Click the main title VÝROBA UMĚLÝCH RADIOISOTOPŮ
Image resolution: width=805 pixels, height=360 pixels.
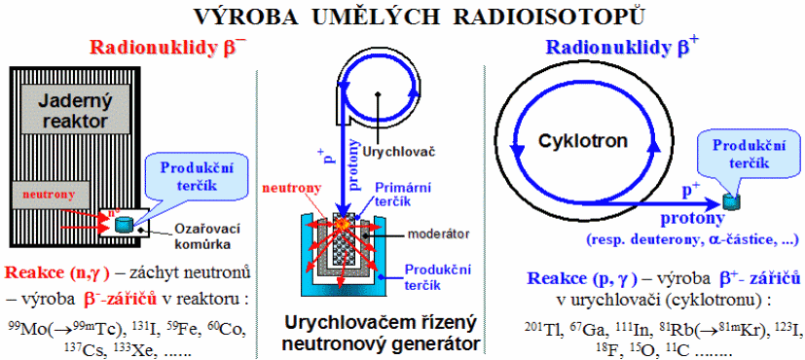(419, 17)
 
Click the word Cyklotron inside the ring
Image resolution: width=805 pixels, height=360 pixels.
(583, 140)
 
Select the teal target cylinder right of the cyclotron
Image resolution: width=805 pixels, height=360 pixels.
(729, 201)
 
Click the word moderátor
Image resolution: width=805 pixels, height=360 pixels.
(438, 234)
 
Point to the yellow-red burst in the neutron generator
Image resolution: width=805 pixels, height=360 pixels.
(342, 224)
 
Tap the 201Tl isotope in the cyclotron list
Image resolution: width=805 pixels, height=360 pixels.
(537, 327)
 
